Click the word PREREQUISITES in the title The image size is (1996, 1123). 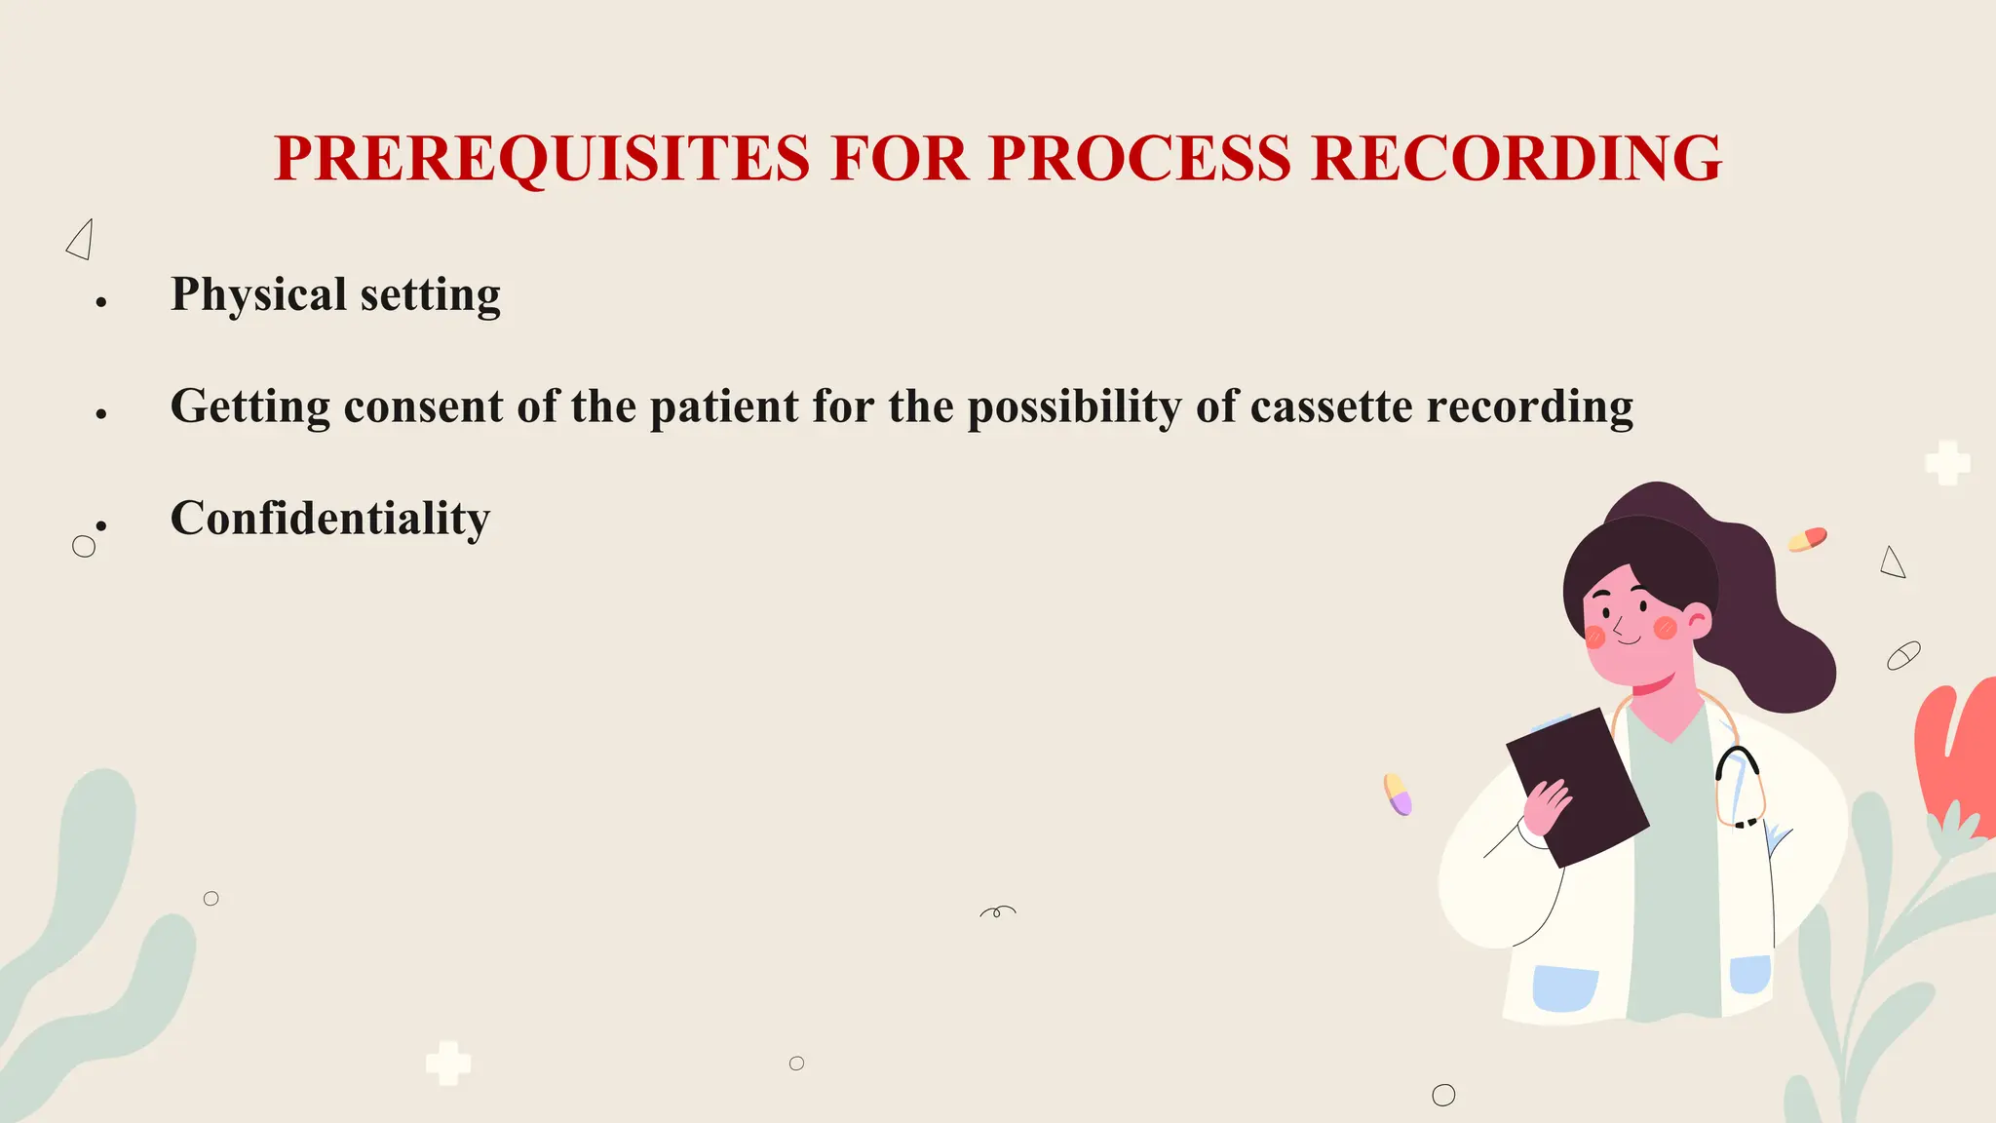point(542,158)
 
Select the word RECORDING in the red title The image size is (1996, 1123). point(1516,158)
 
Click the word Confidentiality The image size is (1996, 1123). point(329,518)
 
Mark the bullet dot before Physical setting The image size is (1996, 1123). point(101,303)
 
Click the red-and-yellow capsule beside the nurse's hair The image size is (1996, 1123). point(1807,539)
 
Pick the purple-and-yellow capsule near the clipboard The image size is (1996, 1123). point(1398,794)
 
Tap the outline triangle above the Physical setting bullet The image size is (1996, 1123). point(82,240)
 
